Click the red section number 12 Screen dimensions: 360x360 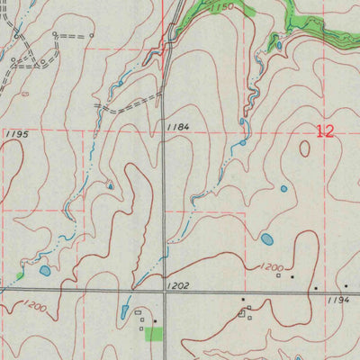click(325, 131)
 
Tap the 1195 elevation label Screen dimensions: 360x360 click(16, 134)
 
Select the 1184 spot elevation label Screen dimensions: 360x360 click(177, 128)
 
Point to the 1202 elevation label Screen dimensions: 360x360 click(178, 284)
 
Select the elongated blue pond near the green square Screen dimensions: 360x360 click(123, 312)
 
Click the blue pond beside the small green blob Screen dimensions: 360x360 click(45, 270)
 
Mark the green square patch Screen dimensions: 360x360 click(156, 334)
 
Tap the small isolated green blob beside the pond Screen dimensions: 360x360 click(20, 274)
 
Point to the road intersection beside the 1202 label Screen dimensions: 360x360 click(164, 292)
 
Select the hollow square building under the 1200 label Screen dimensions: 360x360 click(278, 276)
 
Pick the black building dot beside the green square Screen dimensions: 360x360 click(155, 320)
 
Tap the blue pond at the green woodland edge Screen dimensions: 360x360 click(278, 45)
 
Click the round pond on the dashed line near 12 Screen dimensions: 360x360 click(243, 142)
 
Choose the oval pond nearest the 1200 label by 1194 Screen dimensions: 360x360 click(267, 239)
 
